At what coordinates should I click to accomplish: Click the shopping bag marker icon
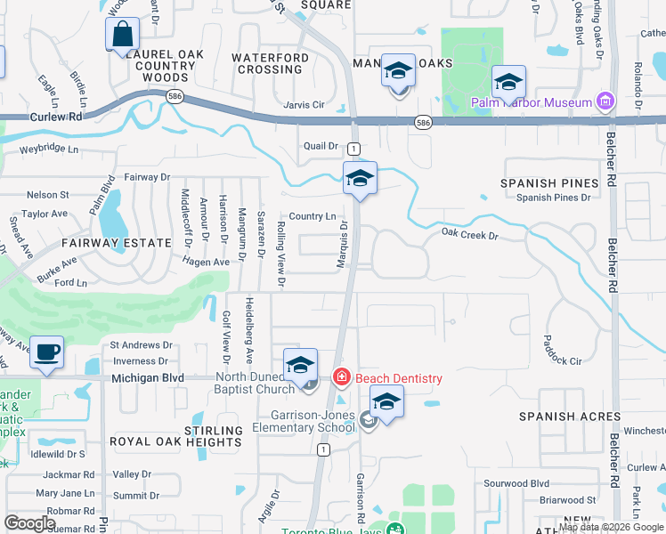click(x=123, y=36)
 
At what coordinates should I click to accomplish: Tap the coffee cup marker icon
click(x=46, y=352)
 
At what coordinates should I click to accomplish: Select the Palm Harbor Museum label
click(x=532, y=102)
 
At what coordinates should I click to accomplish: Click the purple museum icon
click(x=606, y=101)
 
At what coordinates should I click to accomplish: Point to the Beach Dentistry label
click(x=398, y=378)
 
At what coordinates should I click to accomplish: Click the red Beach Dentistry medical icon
click(x=341, y=378)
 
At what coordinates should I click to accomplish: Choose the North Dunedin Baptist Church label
click(x=255, y=383)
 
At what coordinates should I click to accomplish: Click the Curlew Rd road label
click(x=55, y=117)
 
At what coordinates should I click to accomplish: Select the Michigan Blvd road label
click(x=148, y=377)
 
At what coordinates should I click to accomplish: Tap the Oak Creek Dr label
click(x=469, y=236)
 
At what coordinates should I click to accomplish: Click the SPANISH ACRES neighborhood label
click(x=570, y=417)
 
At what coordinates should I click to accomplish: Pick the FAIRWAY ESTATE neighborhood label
click(x=116, y=242)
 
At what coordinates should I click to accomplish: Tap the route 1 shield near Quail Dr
click(x=353, y=147)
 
